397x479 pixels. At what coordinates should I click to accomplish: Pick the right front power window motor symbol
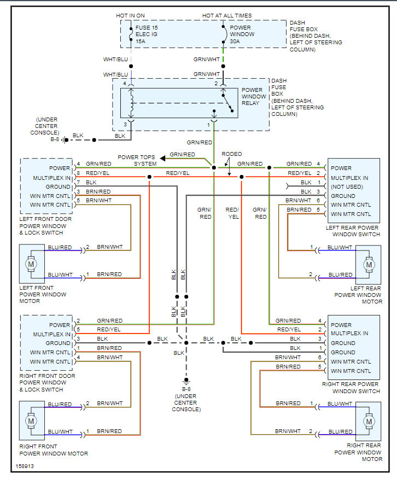(x=31, y=421)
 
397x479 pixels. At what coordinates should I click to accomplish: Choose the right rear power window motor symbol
(x=369, y=422)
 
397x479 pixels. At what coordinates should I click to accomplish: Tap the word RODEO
(x=231, y=154)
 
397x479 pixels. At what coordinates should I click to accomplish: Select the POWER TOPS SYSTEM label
(x=137, y=160)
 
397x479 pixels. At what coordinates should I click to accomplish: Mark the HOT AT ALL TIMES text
(x=227, y=16)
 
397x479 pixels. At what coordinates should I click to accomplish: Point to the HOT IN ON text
(x=130, y=16)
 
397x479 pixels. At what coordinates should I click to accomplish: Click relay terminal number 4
(x=125, y=84)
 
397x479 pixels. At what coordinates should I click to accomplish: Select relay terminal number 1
(x=208, y=125)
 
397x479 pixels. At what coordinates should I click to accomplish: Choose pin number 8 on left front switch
(x=79, y=173)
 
